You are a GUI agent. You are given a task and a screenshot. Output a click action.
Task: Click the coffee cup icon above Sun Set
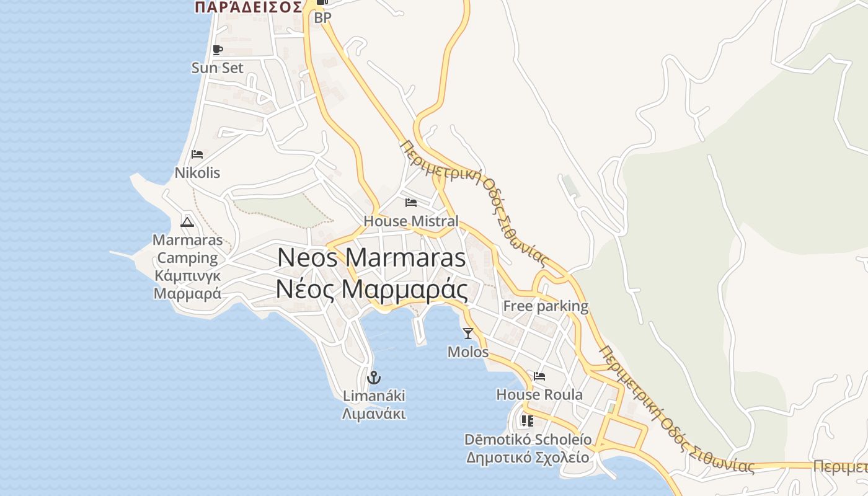(x=217, y=50)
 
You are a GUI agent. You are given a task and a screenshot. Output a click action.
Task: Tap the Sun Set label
(x=218, y=68)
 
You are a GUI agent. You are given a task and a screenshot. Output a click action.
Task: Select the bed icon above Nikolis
(x=197, y=154)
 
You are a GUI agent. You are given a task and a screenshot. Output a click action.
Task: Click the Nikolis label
(x=197, y=172)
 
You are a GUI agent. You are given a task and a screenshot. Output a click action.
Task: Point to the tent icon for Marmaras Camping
(x=187, y=222)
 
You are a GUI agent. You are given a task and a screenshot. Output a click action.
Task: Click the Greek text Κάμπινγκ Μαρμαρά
(x=187, y=285)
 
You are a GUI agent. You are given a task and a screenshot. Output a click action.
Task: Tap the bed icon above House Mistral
(x=410, y=202)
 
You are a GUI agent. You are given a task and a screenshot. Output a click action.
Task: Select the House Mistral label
(x=411, y=221)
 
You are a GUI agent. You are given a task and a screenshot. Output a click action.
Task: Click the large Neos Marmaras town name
(x=371, y=257)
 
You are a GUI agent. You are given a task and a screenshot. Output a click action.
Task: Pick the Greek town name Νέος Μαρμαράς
(x=371, y=290)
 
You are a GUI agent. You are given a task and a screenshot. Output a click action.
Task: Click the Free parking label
(x=546, y=306)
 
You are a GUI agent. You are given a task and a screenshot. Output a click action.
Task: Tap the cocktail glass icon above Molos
(x=468, y=334)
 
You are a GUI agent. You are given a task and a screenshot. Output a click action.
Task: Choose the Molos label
(x=468, y=352)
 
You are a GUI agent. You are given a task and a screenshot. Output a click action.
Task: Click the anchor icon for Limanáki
(x=374, y=377)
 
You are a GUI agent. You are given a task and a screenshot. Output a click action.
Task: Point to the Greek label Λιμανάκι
(x=374, y=414)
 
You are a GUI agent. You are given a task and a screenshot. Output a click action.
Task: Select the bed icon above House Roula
(x=539, y=376)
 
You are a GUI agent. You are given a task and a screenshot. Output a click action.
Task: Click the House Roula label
(x=539, y=394)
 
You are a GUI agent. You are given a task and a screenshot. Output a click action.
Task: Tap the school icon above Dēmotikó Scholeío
(x=528, y=421)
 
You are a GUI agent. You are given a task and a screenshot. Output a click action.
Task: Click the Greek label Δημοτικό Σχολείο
(x=528, y=458)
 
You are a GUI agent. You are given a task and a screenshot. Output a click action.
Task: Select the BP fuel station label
(x=322, y=18)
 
